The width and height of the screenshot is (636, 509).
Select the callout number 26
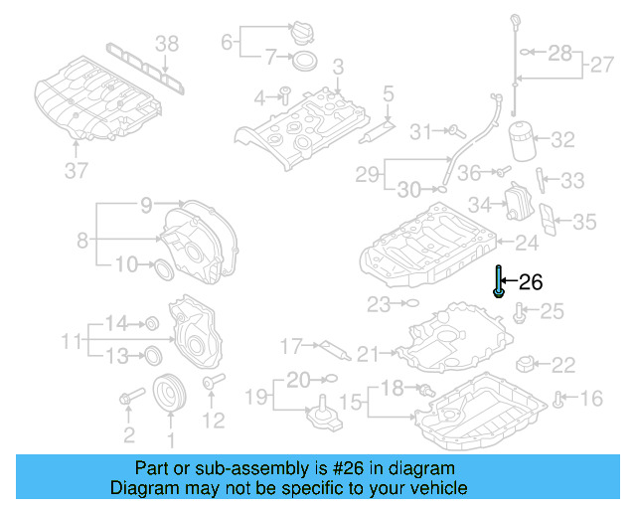coord(532,282)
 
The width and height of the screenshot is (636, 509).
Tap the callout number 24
coord(526,241)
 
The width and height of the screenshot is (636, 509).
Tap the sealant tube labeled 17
coord(330,349)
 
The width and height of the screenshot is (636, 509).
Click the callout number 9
coord(146,206)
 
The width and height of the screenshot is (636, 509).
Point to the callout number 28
coord(560,52)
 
